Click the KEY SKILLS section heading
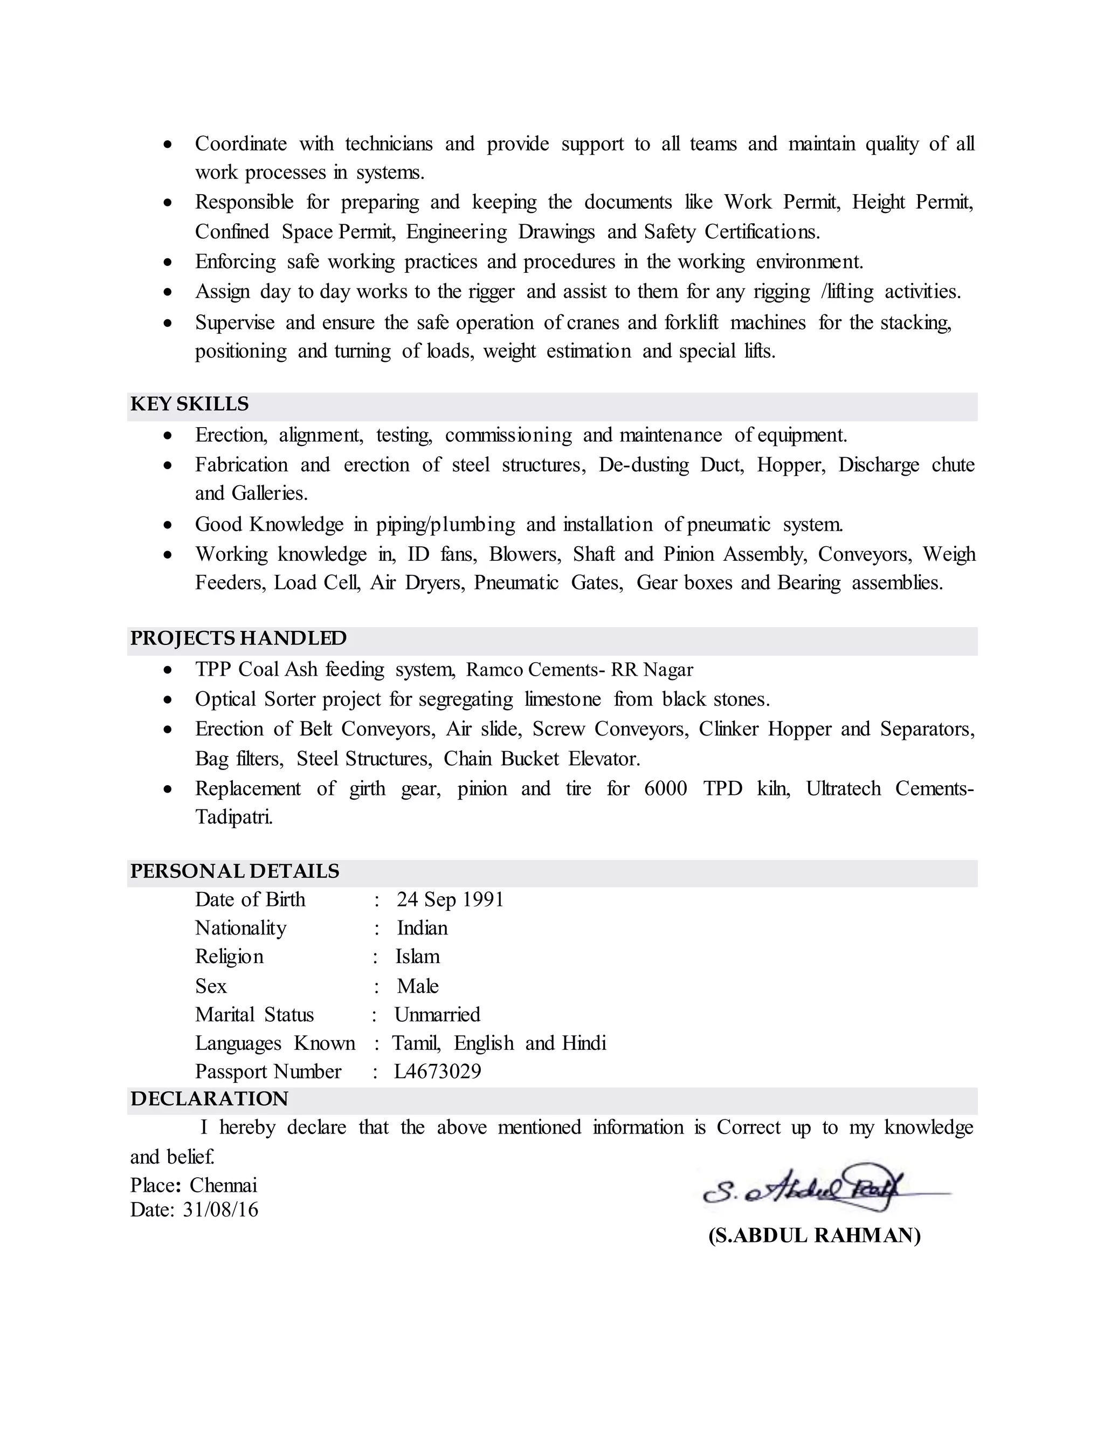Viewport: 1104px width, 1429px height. pyautogui.click(x=190, y=404)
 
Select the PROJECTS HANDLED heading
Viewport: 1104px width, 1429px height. pyautogui.click(x=238, y=638)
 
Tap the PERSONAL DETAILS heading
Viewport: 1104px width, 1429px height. pyautogui.click(x=234, y=871)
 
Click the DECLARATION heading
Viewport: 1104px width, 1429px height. pyautogui.click(x=209, y=1098)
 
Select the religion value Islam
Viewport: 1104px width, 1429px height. pyautogui.click(x=417, y=957)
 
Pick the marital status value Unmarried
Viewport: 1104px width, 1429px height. pyautogui.click(x=437, y=1014)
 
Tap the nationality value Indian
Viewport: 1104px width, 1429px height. pyautogui.click(x=422, y=928)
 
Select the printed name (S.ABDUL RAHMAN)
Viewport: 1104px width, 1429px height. pyautogui.click(x=815, y=1235)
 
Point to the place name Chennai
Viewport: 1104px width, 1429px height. pyautogui.click(x=224, y=1186)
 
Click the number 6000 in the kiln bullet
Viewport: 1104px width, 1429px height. pyautogui.click(x=665, y=788)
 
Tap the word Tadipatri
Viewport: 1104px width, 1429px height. pyautogui.click(x=233, y=816)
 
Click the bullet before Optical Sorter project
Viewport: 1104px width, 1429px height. pyautogui.click(x=168, y=700)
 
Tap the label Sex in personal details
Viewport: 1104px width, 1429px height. pyautogui.click(x=211, y=986)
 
